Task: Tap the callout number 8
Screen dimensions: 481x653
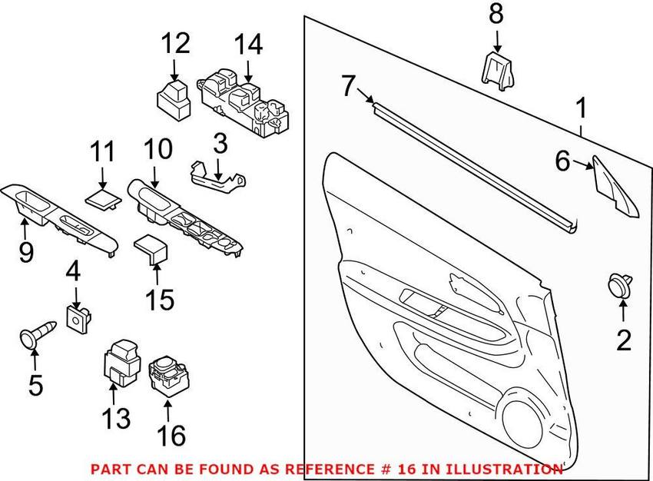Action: tap(496, 14)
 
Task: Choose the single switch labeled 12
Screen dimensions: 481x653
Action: tap(174, 99)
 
